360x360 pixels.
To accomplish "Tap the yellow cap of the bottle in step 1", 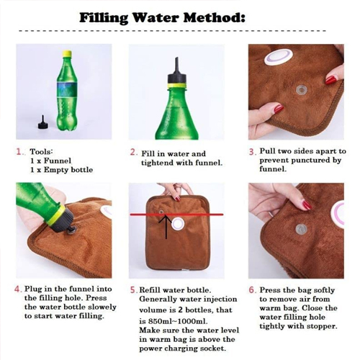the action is tap(67, 54).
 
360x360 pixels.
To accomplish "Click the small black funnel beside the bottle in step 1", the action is tap(43, 122).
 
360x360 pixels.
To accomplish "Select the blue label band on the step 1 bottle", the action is tap(68, 89).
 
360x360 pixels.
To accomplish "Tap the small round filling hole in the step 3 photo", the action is tap(300, 90).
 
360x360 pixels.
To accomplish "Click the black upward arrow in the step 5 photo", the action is tap(166, 227).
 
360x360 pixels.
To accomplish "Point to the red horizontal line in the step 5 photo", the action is tap(176, 215).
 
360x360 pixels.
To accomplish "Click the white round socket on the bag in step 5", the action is tap(178, 224).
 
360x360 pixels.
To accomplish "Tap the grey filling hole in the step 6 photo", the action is tap(301, 230).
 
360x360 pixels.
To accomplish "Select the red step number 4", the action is tap(18, 289).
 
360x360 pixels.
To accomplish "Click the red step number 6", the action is tap(252, 290).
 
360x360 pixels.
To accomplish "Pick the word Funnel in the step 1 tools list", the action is tap(58, 161).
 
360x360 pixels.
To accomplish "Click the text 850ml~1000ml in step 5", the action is tap(178, 321).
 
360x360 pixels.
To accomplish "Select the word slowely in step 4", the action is tap(102, 307).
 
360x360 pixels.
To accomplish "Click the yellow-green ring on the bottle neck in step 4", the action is tap(56, 216).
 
